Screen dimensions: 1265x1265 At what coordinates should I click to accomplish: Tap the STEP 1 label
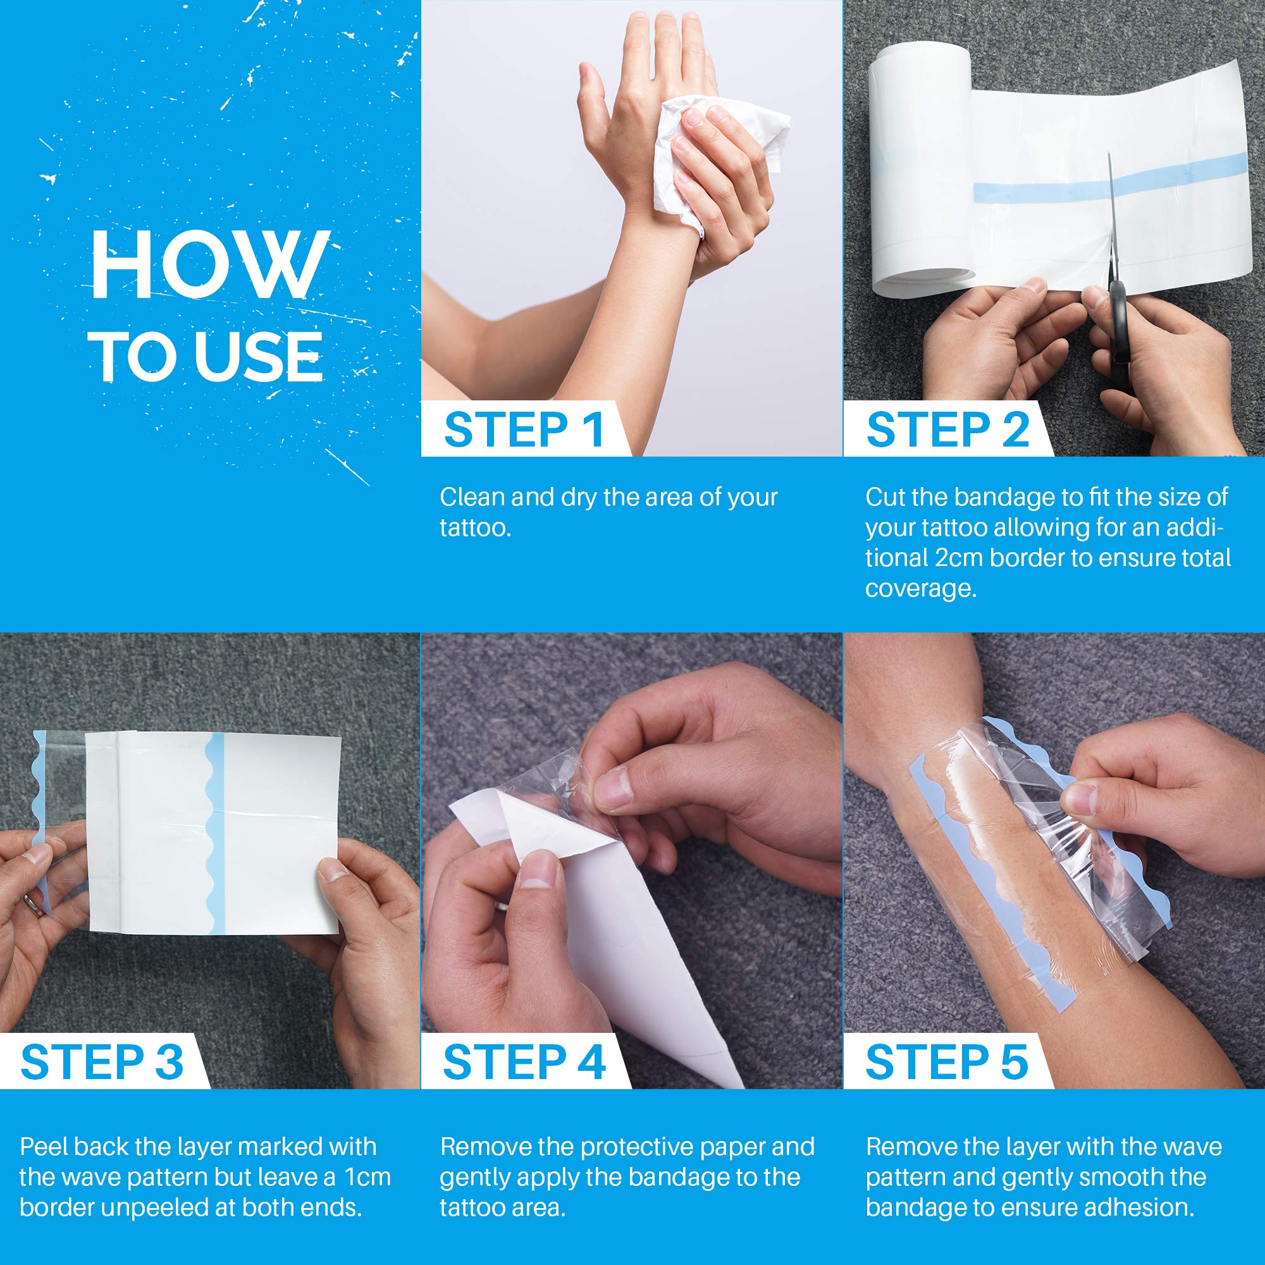pyautogui.click(x=523, y=430)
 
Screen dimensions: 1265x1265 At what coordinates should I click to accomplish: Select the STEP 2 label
pyautogui.click(x=947, y=430)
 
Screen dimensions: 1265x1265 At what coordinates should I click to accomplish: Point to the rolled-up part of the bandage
pyautogui.click(x=922, y=177)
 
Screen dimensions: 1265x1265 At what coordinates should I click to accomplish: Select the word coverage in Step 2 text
pyautogui.click(x=920, y=589)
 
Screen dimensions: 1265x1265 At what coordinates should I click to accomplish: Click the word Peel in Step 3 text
pyautogui.click(x=43, y=1147)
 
